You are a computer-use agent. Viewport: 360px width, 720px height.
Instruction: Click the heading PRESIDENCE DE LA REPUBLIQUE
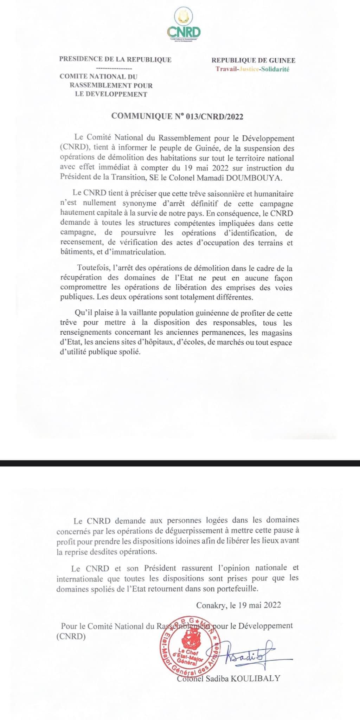(115, 59)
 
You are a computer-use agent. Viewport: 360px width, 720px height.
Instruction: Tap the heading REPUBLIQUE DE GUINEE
(253, 60)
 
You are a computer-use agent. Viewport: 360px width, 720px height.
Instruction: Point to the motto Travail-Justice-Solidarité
(252, 69)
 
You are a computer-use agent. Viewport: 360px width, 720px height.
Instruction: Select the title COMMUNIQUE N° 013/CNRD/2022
(177, 116)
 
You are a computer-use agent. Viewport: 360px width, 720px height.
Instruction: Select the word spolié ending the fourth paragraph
(130, 352)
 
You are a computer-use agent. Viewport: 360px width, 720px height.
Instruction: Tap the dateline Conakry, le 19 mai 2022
(238, 605)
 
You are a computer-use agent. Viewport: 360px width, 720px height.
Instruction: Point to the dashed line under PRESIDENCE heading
(114, 68)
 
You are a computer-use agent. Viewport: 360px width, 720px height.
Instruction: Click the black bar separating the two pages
(180, 463)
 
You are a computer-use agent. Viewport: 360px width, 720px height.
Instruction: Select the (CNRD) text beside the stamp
(71, 636)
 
